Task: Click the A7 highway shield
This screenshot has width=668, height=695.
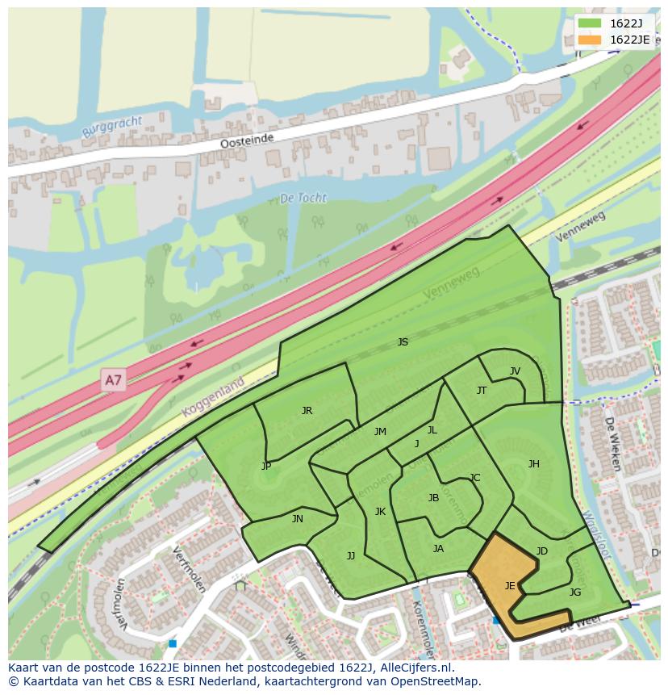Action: [114, 379]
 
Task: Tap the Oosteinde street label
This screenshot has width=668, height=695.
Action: [248, 141]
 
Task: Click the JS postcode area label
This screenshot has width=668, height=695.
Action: [403, 342]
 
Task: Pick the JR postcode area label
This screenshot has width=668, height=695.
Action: [307, 411]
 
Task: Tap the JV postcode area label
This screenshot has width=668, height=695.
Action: [515, 371]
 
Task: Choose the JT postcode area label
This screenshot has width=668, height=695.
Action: [482, 391]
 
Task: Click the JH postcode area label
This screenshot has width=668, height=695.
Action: [533, 464]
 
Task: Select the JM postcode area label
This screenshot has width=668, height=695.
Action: [380, 432]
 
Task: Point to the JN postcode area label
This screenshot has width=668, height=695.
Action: [298, 519]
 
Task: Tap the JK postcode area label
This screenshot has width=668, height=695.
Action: [380, 512]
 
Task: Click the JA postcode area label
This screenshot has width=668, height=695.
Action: [438, 549]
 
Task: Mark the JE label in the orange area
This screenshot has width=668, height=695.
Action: [510, 586]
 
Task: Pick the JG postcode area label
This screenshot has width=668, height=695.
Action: [574, 592]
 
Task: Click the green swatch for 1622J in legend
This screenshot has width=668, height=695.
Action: [590, 23]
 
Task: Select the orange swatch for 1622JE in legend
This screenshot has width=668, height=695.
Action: [590, 40]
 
